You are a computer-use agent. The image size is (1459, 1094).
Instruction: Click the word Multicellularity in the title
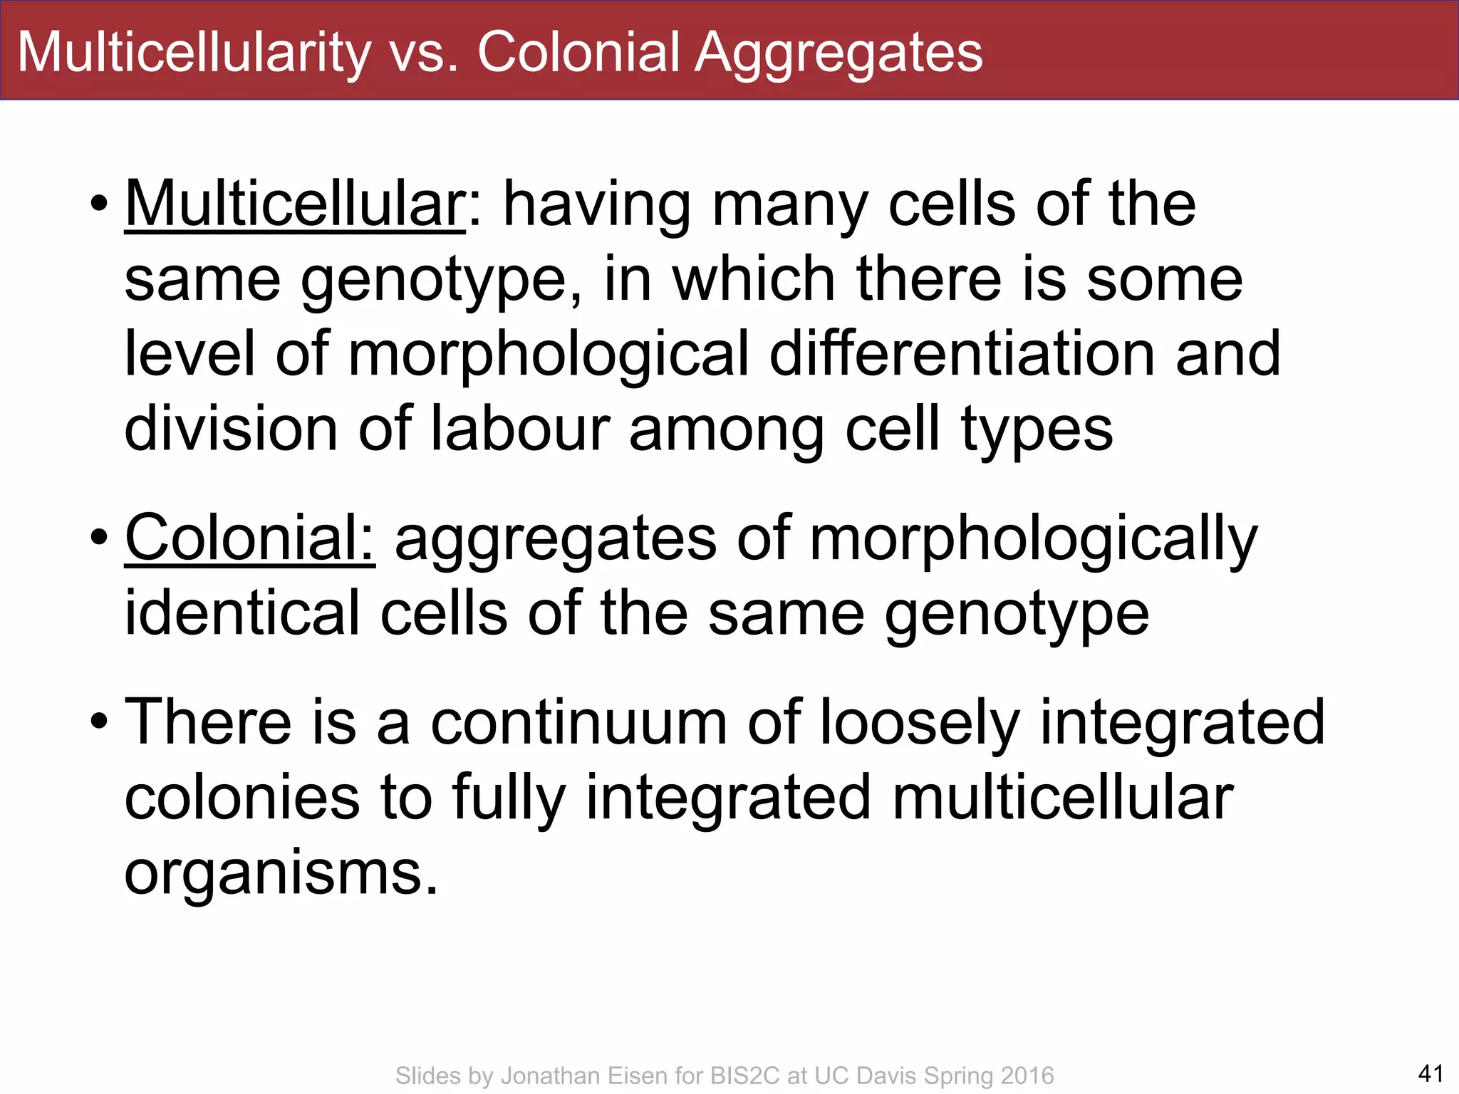point(194,52)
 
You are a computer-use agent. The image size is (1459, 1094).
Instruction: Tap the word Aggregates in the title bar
point(838,52)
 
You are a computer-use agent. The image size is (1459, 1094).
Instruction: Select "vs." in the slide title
point(424,52)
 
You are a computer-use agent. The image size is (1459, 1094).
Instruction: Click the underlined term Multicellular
point(295,204)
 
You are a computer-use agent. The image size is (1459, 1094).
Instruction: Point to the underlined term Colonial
point(249,538)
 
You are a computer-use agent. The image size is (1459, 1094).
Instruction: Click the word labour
point(521,429)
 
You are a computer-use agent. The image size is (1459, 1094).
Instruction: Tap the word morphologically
point(1033,538)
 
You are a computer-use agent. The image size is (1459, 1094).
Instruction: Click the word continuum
point(578,722)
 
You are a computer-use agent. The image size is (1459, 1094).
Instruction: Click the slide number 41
point(1431,1073)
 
